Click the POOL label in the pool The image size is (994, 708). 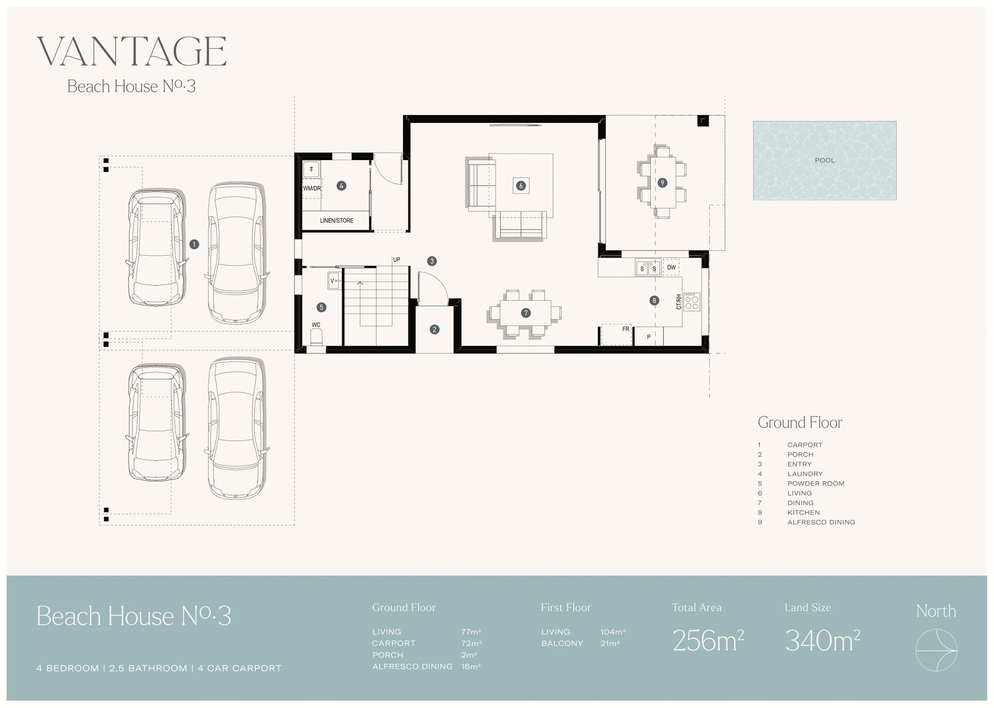[x=825, y=161]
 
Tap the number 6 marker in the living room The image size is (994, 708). [x=521, y=186]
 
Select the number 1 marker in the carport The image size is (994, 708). [x=194, y=244]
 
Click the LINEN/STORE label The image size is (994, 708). [x=337, y=221]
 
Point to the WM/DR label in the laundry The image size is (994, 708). [x=312, y=189]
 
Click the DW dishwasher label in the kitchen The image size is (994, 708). [x=671, y=268]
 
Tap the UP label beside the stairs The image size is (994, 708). [x=397, y=260]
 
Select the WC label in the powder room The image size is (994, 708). [x=316, y=325]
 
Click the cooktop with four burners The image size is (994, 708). [x=692, y=301]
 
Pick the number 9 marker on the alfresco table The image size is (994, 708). [x=662, y=182]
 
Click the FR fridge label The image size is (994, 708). [x=625, y=329]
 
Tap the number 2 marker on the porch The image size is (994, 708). [x=434, y=329]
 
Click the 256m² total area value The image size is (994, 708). [x=708, y=641]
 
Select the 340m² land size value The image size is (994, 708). [x=822, y=641]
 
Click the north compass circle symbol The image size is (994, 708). [x=936, y=650]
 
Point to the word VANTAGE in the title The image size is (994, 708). [x=131, y=51]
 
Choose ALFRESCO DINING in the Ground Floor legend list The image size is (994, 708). [x=821, y=522]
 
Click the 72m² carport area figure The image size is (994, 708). [x=471, y=643]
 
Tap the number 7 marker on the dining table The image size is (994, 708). [x=526, y=313]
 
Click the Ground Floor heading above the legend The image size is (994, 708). [x=800, y=423]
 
